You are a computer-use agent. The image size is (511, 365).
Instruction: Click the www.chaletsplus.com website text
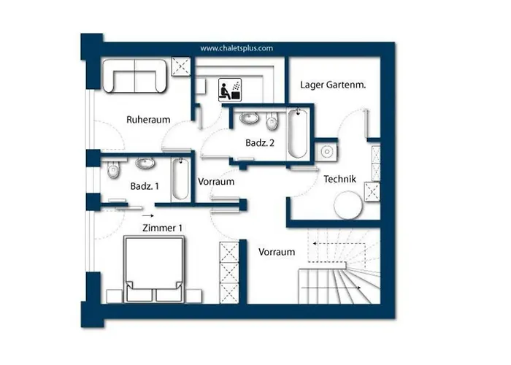[x=237, y=48]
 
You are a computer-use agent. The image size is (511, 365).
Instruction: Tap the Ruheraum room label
[x=148, y=120]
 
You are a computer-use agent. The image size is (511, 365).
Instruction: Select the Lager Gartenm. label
[x=333, y=85]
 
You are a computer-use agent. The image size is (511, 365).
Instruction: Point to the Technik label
[x=339, y=179]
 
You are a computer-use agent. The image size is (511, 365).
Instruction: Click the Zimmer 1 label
[x=162, y=228]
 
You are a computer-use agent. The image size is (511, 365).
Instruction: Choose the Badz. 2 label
[x=260, y=143]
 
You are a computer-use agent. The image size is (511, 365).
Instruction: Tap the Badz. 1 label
[x=145, y=186]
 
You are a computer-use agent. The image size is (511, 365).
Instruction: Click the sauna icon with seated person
[x=230, y=89]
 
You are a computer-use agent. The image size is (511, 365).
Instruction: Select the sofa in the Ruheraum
[x=134, y=76]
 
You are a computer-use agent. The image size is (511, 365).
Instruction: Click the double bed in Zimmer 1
[x=154, y=269]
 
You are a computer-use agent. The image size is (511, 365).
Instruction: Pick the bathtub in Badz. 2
[x=298, y=134]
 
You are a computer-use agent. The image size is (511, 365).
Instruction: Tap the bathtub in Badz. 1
[x=180, y=179]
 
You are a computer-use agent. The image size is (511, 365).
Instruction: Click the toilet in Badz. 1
[x=113, y=169]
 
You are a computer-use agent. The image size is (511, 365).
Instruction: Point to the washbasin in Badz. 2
[x=250, y=118]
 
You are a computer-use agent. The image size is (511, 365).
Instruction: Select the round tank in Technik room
[x=348, y=205]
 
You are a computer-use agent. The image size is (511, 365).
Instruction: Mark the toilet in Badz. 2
[x=272, y=121]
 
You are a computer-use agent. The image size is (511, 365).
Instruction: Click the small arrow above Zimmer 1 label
[x=148, y=215]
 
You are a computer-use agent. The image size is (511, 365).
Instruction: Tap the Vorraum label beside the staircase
[x=277, y=252]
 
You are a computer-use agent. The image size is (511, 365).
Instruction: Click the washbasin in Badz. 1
[x=145, y=163]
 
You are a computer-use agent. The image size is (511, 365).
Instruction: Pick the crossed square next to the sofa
[x=181, y=66]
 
